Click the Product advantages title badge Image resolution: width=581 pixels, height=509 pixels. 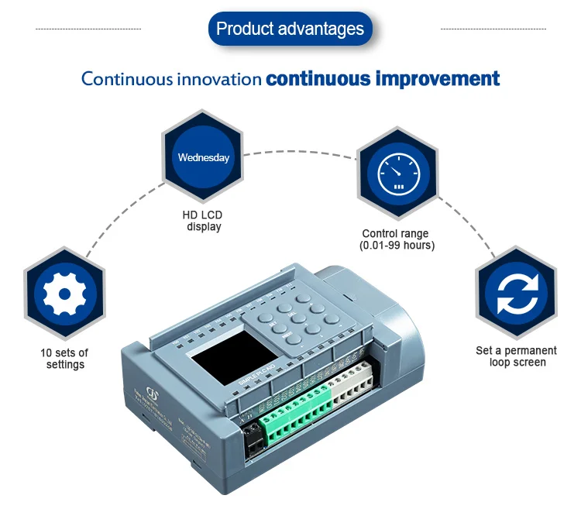[x=290, y=29]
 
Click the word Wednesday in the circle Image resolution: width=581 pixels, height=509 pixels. [x=204, y=157]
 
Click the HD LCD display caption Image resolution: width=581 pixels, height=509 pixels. [x=204, y=221]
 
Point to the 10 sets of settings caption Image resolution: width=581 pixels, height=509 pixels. [x=64, y=359]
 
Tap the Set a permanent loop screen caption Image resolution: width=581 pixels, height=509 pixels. [x=516, y=356]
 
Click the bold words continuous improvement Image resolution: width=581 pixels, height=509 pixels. [x=383, y=78]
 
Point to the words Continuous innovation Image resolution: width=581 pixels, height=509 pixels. [x=171, y=79]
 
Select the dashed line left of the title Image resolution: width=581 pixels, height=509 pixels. [x=88, y=29]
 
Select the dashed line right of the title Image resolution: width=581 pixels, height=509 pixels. [x=493, y=29]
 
